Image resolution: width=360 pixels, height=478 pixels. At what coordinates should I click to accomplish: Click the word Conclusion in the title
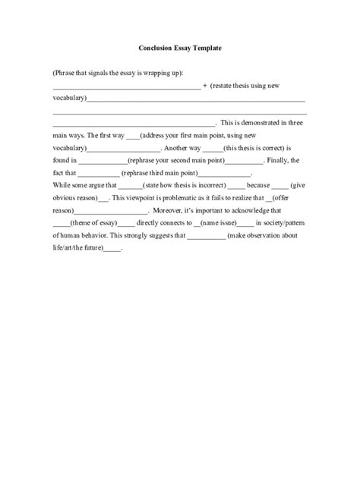pyautogui.click(x=156, y=47)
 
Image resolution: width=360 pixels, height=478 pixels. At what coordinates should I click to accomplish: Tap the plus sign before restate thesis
pyautogui.click(x=205, y=86)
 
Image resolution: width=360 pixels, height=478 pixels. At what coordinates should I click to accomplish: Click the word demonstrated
pyautogui.click(x=255, y=122)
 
